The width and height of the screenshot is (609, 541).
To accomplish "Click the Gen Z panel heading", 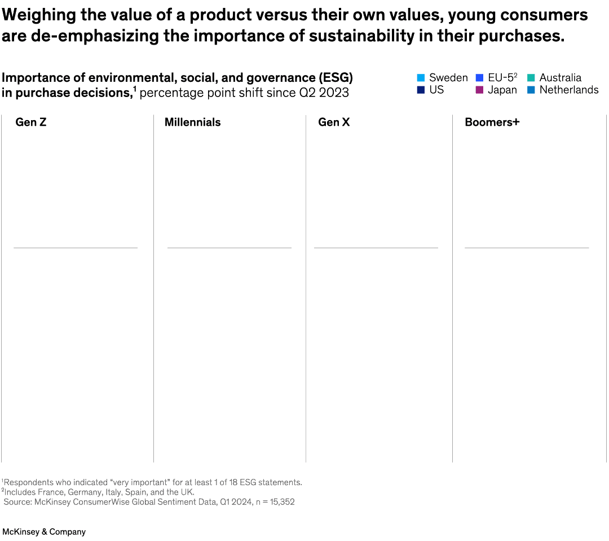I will [30, 122].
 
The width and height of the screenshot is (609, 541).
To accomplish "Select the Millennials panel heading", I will [192, 122].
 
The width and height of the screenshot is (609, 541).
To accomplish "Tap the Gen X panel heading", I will [334, 122].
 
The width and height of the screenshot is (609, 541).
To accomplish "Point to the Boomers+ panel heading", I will [492, 122].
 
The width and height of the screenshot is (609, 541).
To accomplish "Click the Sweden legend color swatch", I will [421, 78].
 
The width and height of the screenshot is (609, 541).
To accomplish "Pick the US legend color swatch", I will [421, 90].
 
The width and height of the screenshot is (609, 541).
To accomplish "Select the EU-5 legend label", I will [502, 78].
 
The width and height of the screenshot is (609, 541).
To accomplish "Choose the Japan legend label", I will [502, 90].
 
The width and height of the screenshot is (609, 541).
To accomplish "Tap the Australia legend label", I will [560, 78].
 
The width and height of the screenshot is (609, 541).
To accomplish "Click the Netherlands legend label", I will [569, 90].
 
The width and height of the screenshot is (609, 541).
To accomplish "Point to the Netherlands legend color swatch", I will [531, 90].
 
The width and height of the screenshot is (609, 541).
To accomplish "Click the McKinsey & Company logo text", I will [44, 532].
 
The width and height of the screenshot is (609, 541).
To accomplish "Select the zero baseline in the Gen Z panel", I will [76, 248].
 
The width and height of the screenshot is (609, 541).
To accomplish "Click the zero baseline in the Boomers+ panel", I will [527, 248].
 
